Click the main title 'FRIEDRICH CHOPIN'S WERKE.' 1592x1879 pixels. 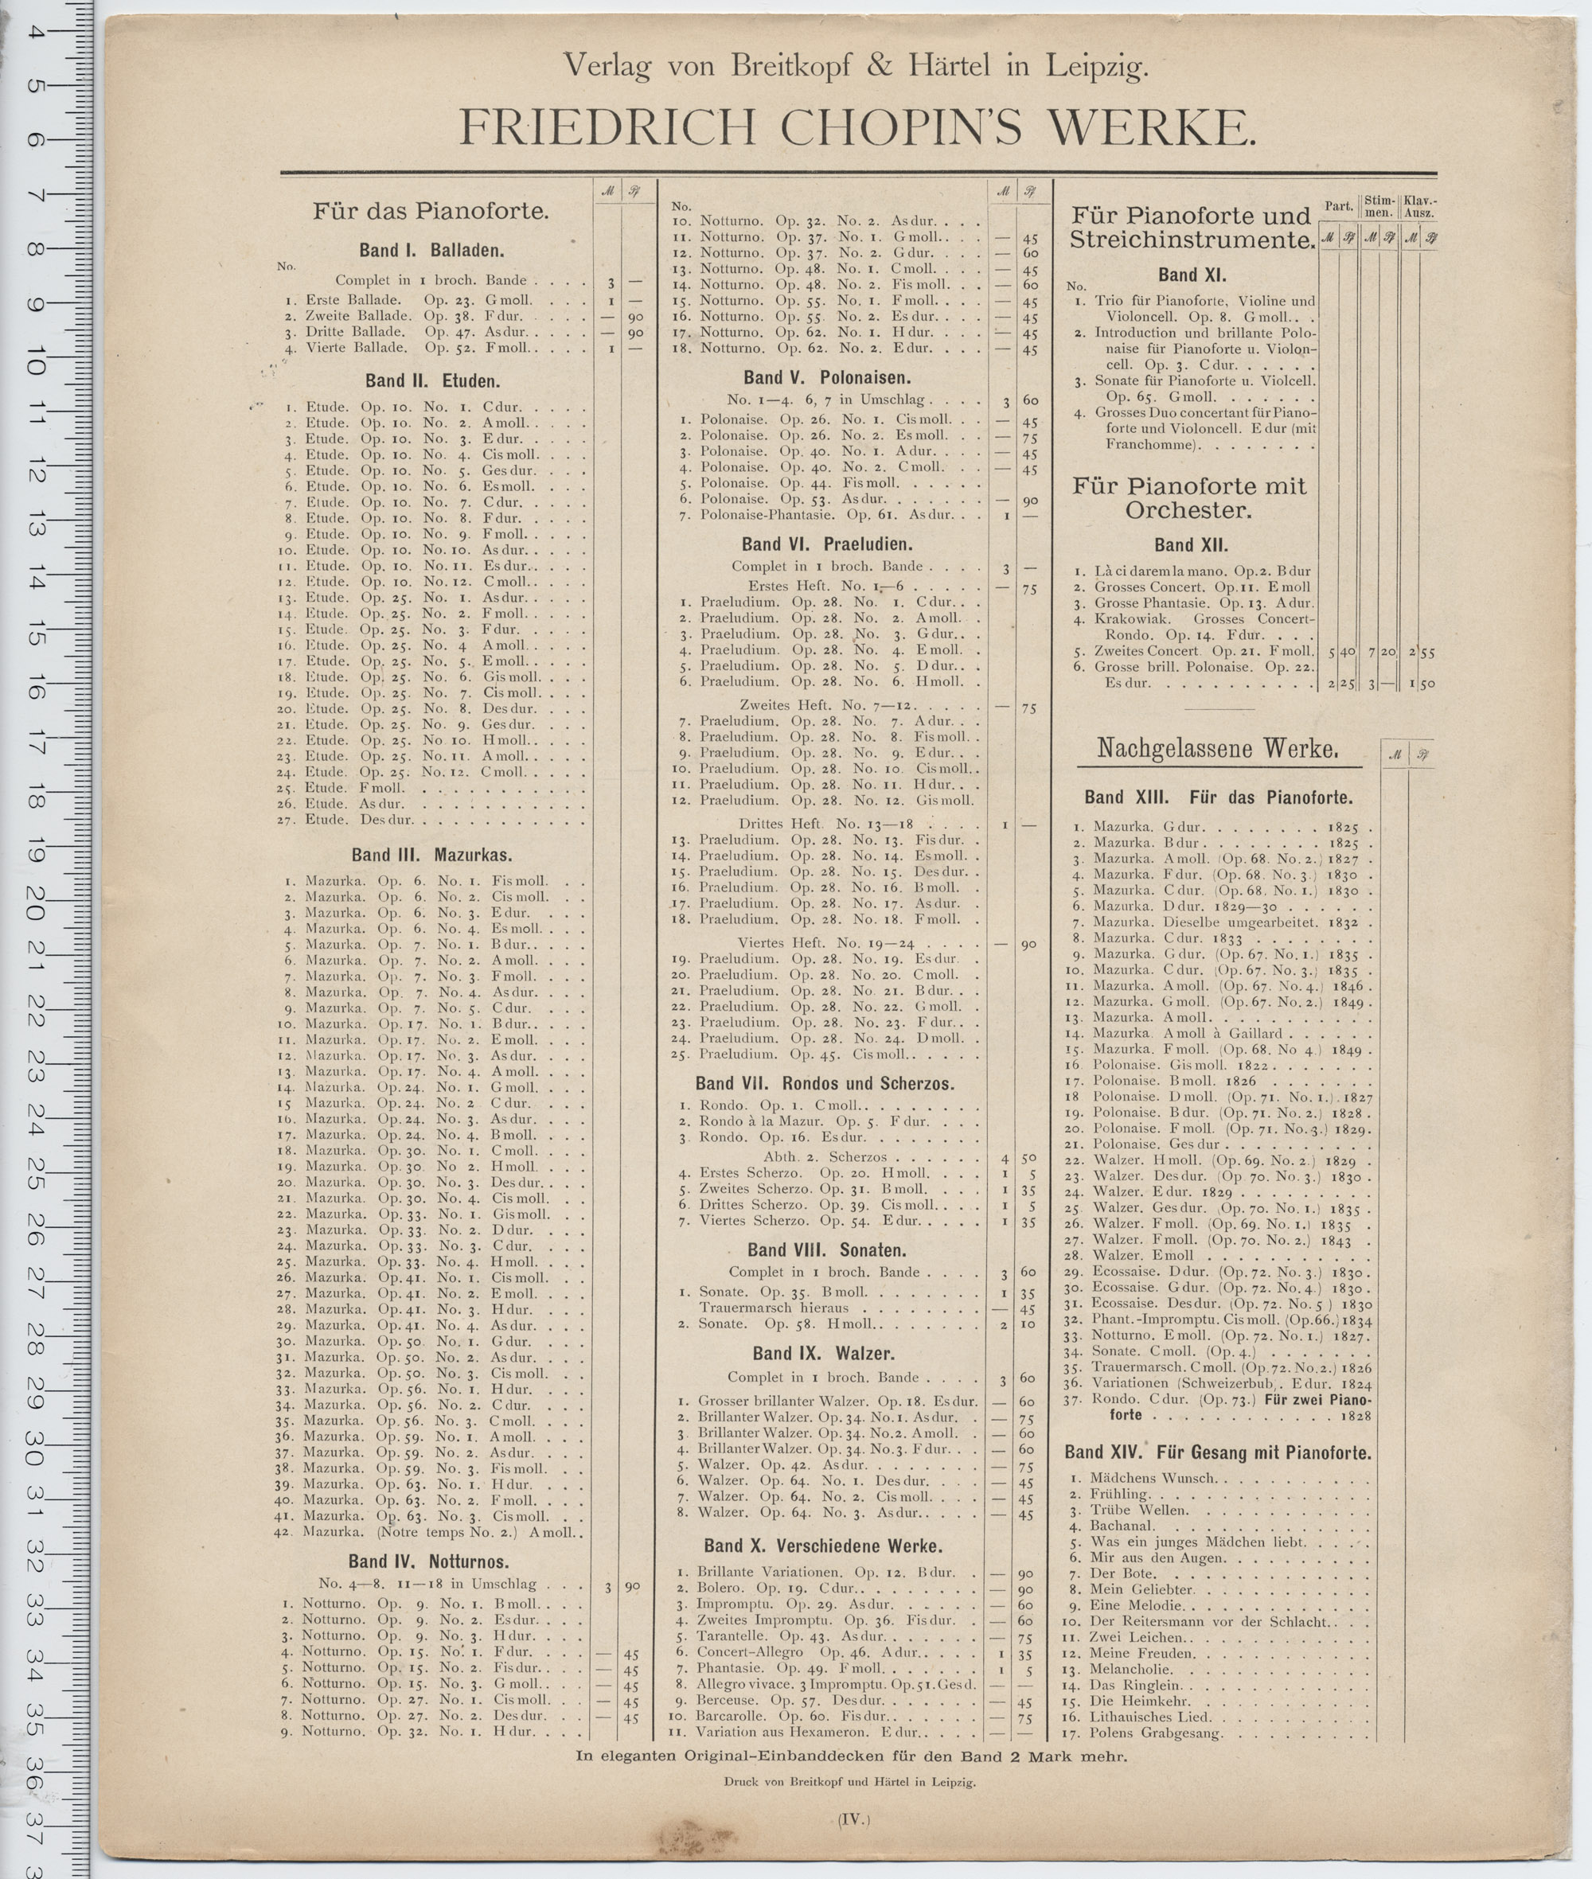(856, 129)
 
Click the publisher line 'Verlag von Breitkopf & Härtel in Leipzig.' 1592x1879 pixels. (856, 66)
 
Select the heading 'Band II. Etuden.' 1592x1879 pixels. (432, 382)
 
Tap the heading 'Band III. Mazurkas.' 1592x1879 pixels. (431, 855)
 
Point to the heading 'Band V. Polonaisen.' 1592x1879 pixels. (827, 377)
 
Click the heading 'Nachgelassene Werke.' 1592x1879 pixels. (1216, 749)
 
